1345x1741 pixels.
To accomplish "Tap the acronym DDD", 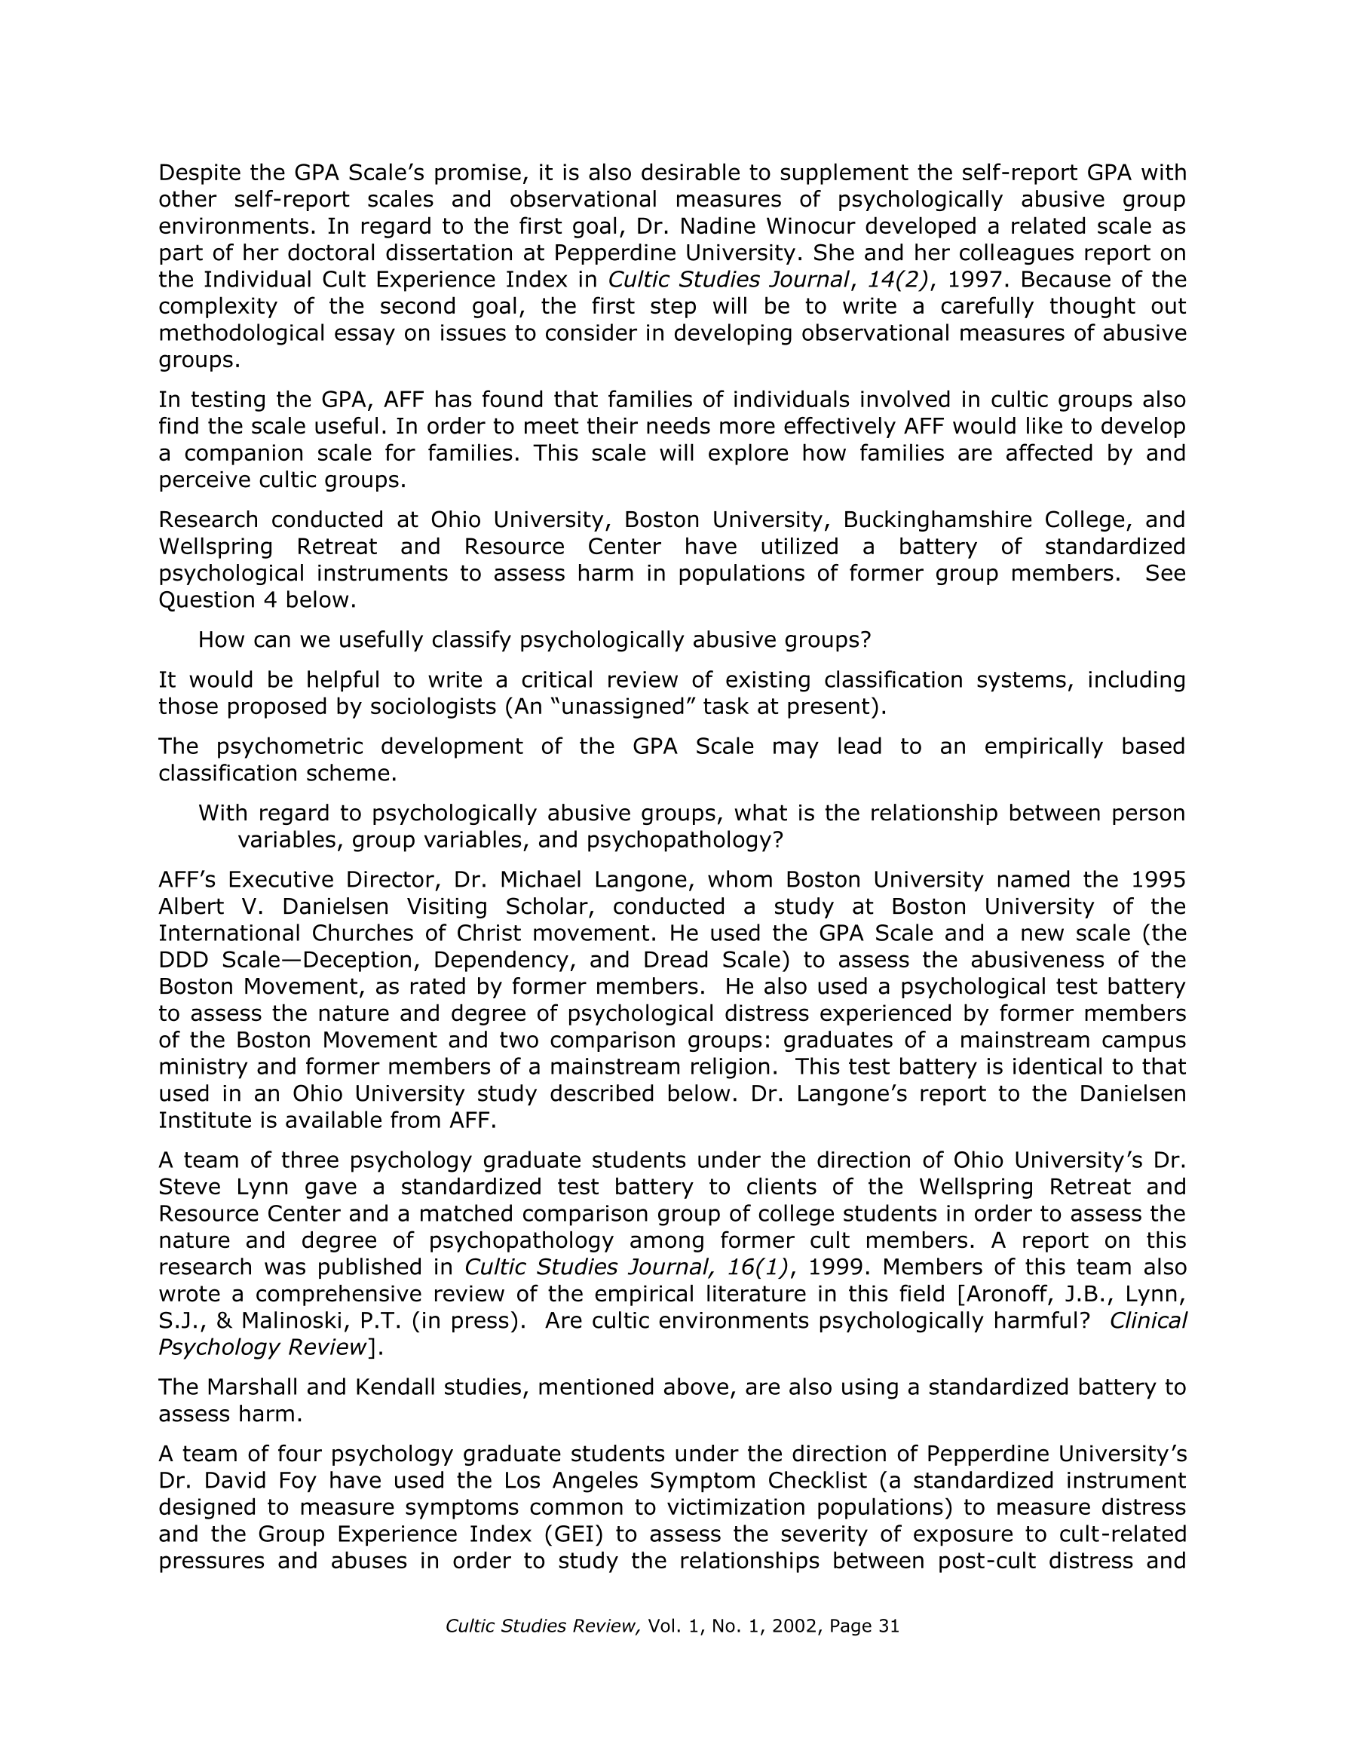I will (x=182, y=960).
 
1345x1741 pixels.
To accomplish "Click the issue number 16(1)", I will (x=758, y=1267).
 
